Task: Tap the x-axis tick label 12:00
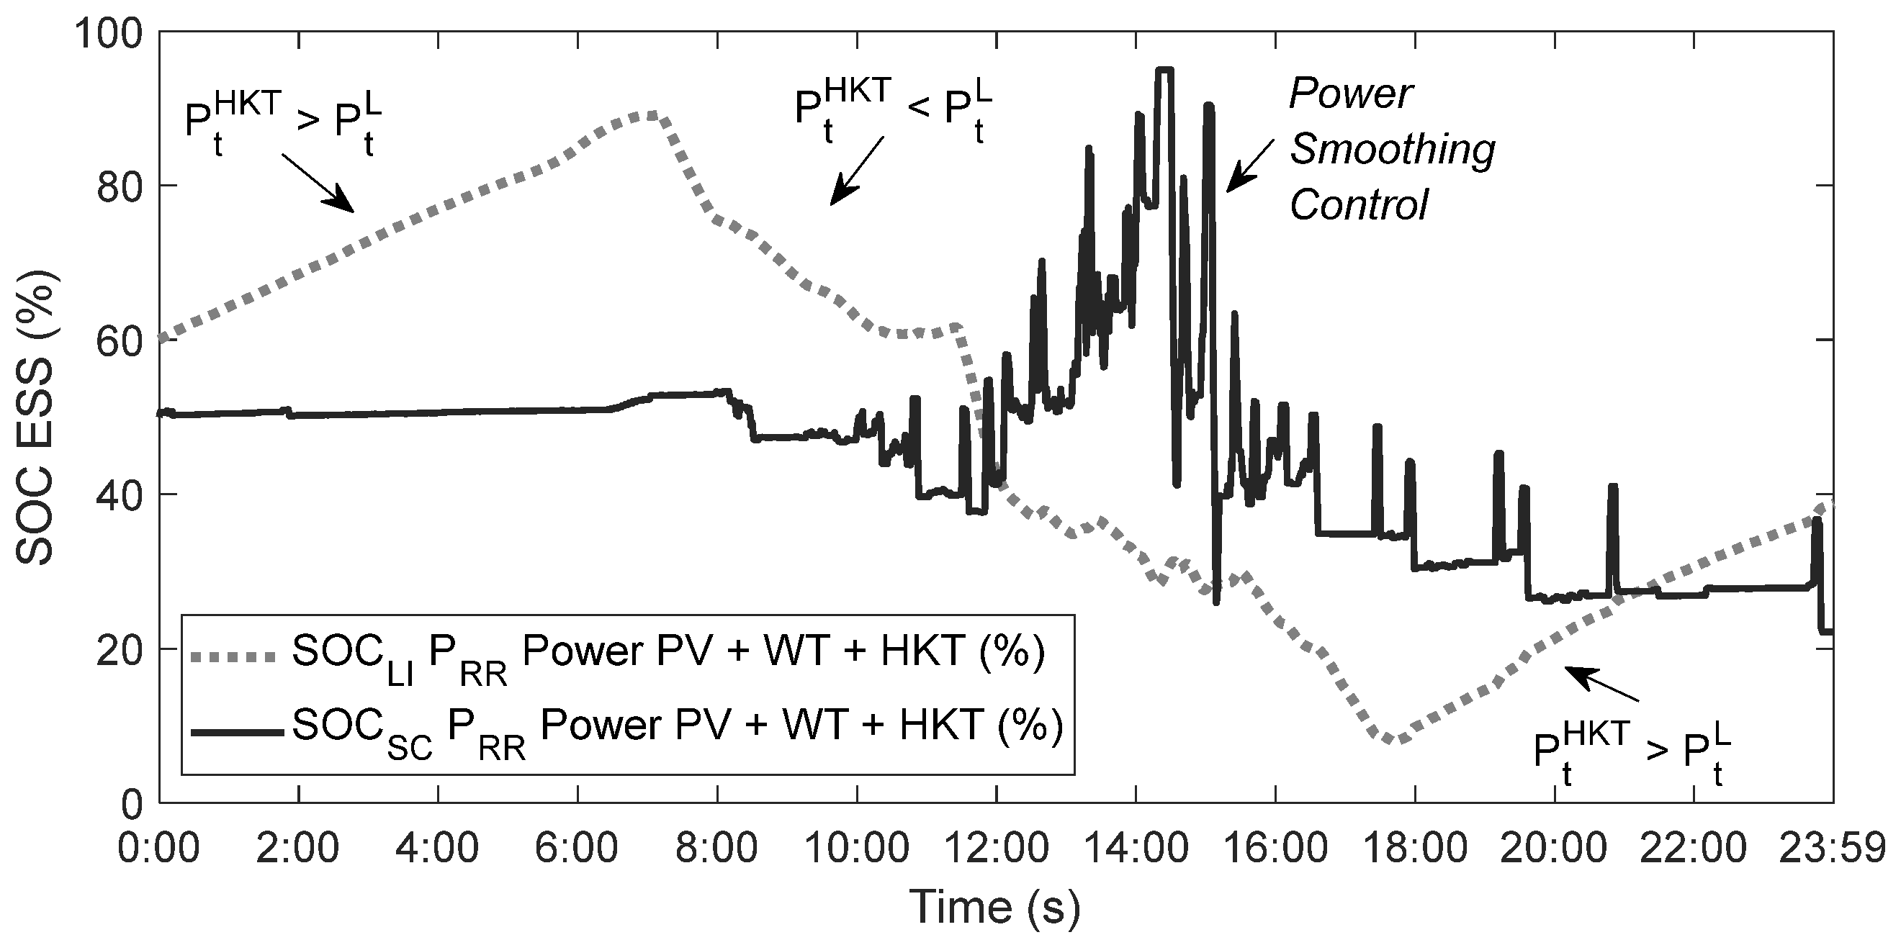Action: click(x=997, y=849)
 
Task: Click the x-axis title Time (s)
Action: click(x=997, y=906)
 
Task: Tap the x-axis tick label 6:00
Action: click(x=577, y=849)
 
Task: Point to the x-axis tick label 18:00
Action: click(x=1415, y=849)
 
